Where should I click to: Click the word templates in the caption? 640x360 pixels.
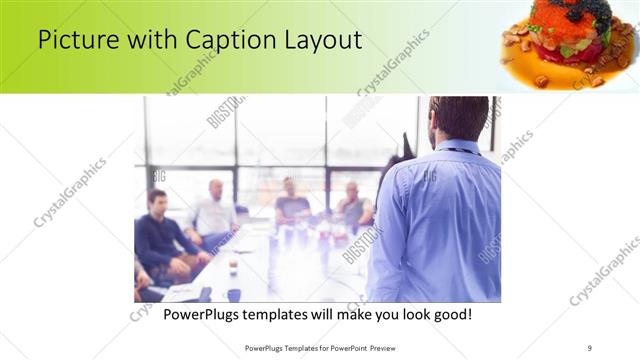290,315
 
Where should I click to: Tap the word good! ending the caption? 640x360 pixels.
449,315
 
